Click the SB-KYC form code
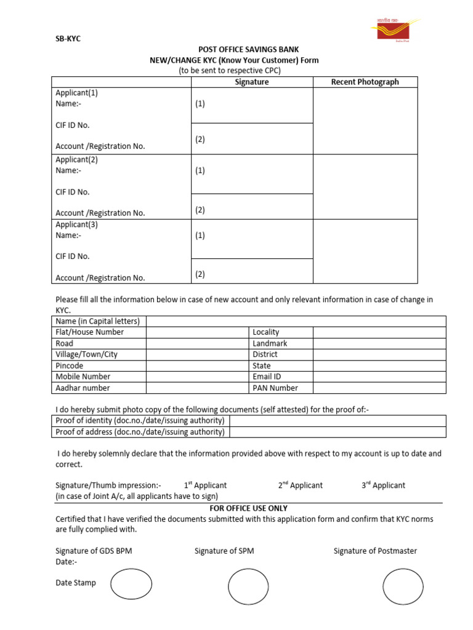(68, 39)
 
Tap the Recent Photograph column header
(365, 82)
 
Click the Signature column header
(252, 82)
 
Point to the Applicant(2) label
(77, 159)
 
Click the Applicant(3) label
(77, 225)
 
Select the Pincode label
(70, 365)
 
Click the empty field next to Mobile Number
(196, 377)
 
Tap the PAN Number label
(275, 388)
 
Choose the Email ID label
(267, 377)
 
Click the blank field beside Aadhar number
(196, 388)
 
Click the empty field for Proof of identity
(338, 420)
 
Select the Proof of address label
(140, 432)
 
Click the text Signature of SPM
(224, 551)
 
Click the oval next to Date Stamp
(131, 584)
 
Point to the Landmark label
(270, 343)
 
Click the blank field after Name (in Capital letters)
(296, 321)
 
